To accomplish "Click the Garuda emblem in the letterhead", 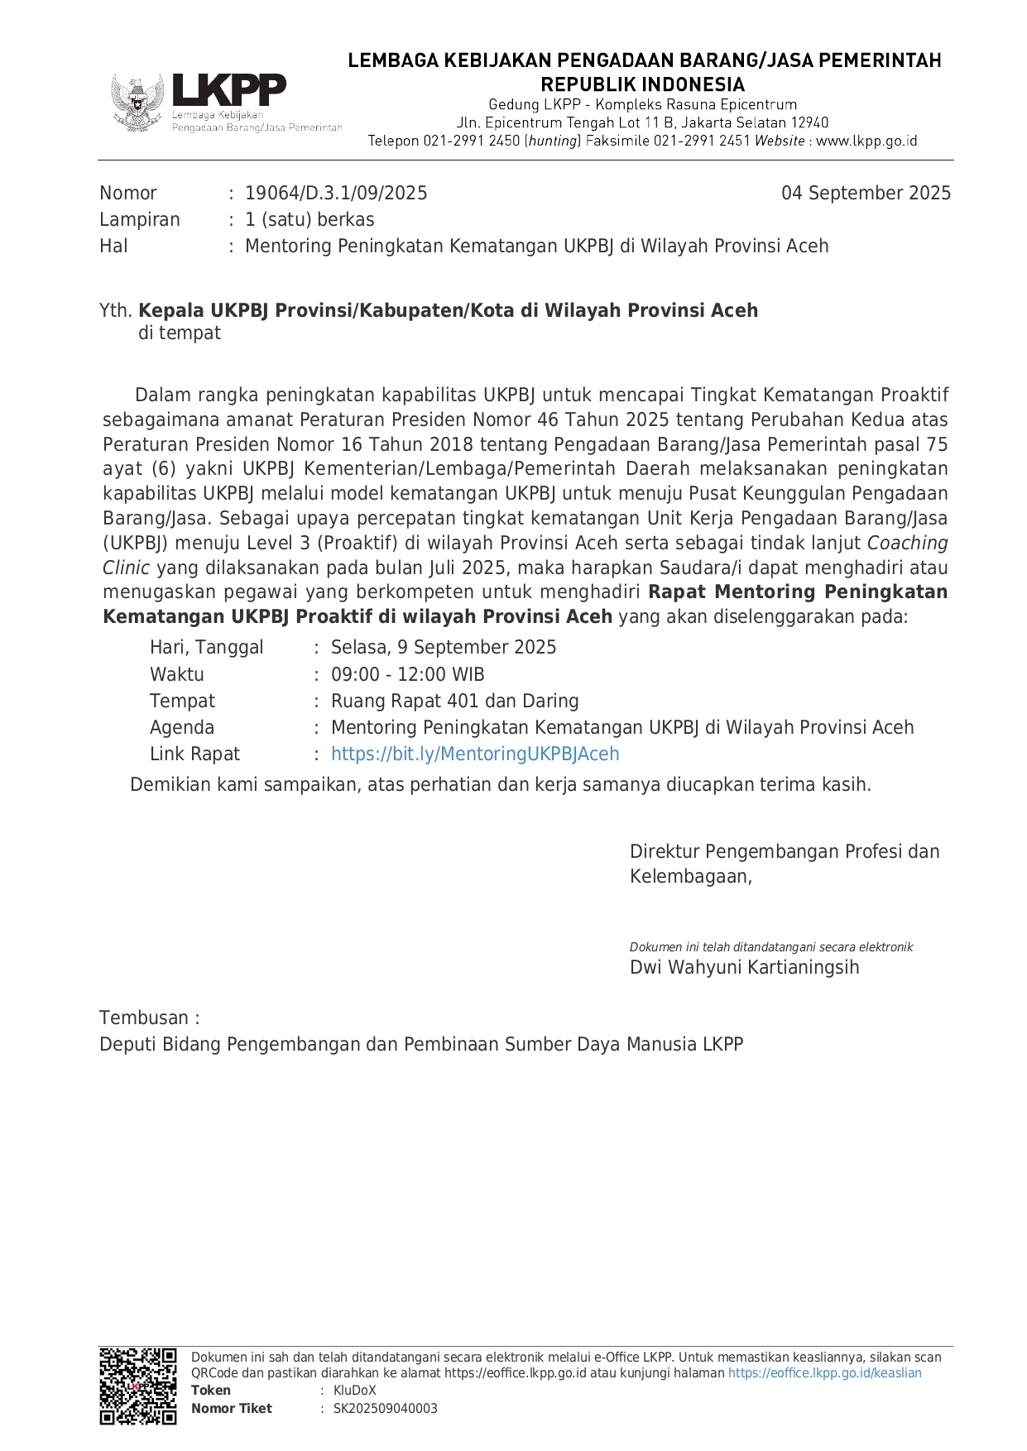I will click(x=138, y=103).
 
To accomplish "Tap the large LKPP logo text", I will click(x=228, y=90).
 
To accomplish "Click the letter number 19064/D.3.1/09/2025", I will click(x=336, y=194).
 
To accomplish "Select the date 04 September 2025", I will click(x=866, y=194).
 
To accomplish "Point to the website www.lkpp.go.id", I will click(x=866, y=141).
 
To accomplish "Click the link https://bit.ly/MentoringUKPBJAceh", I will click(x=475, y=754).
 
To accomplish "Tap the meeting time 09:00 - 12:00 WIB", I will click(x=407, y=675).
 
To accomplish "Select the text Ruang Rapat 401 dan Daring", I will click(x=454, y=702).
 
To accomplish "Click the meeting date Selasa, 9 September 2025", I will click(x=444, y=648).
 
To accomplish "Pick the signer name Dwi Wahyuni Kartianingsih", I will click(x=744, y=968).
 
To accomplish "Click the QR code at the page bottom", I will click(x=138, y=1386).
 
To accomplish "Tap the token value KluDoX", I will click(x=354, y=1391).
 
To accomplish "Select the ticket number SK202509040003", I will click(x=385, y=1409).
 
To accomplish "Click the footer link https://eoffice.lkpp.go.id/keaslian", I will click(x=824, y=1373).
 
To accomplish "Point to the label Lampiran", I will click(x=140, y=220).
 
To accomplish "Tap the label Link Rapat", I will click(x=194, y=754).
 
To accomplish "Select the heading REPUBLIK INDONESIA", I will click(x=642, y=84).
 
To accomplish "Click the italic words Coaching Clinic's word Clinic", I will click(x=126, y=568).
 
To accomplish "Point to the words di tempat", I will click(x=180, y=333).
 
